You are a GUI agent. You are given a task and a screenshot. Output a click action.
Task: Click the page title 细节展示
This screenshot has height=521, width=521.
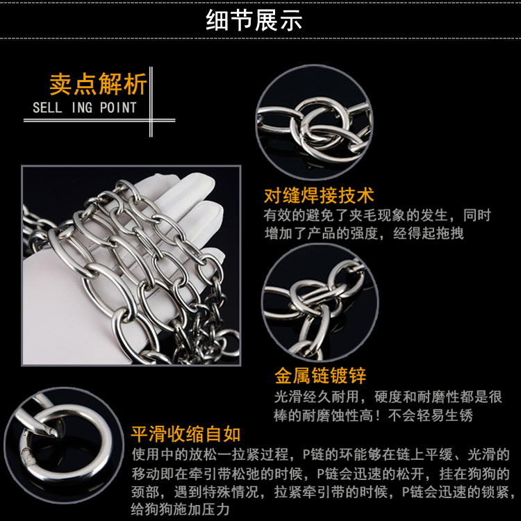tap(254, 20)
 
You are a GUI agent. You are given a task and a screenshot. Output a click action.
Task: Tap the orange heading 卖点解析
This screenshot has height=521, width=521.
tap(98, 84)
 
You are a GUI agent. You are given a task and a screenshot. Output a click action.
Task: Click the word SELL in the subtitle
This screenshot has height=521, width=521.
tap(47, 108)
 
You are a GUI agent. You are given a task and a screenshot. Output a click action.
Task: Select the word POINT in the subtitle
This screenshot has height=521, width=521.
tap(118, 108)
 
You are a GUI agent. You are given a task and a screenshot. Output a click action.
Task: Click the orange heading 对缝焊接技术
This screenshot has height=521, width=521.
tap(319, 195)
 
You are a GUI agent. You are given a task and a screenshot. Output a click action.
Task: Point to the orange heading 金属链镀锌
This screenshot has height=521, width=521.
tap(320, 376)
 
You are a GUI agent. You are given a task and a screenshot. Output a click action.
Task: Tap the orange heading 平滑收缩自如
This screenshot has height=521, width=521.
tap(185, 434)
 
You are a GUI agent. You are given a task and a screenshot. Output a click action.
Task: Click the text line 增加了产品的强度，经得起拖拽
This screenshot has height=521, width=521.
tap(364, 233)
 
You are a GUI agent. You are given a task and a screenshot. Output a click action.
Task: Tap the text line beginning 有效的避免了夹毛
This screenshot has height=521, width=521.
tap(377, 215)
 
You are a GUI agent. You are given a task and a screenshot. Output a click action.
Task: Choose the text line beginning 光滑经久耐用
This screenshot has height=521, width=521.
tap(388, 397)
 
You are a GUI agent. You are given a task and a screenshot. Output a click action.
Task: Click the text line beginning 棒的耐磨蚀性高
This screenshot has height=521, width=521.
tap(373, 415)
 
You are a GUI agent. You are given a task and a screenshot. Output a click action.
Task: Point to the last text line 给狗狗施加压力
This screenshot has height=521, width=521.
tap(181, 508)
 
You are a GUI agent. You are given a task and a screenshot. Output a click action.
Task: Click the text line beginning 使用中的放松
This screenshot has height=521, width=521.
tap(321, 454)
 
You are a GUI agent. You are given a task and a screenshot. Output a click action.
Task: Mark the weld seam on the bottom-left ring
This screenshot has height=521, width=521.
tap(27, 457)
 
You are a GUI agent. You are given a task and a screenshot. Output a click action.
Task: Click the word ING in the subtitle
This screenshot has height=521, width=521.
tap(82, 108)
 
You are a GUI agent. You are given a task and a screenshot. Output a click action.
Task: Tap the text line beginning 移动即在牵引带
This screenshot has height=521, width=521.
tap(321, 473)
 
